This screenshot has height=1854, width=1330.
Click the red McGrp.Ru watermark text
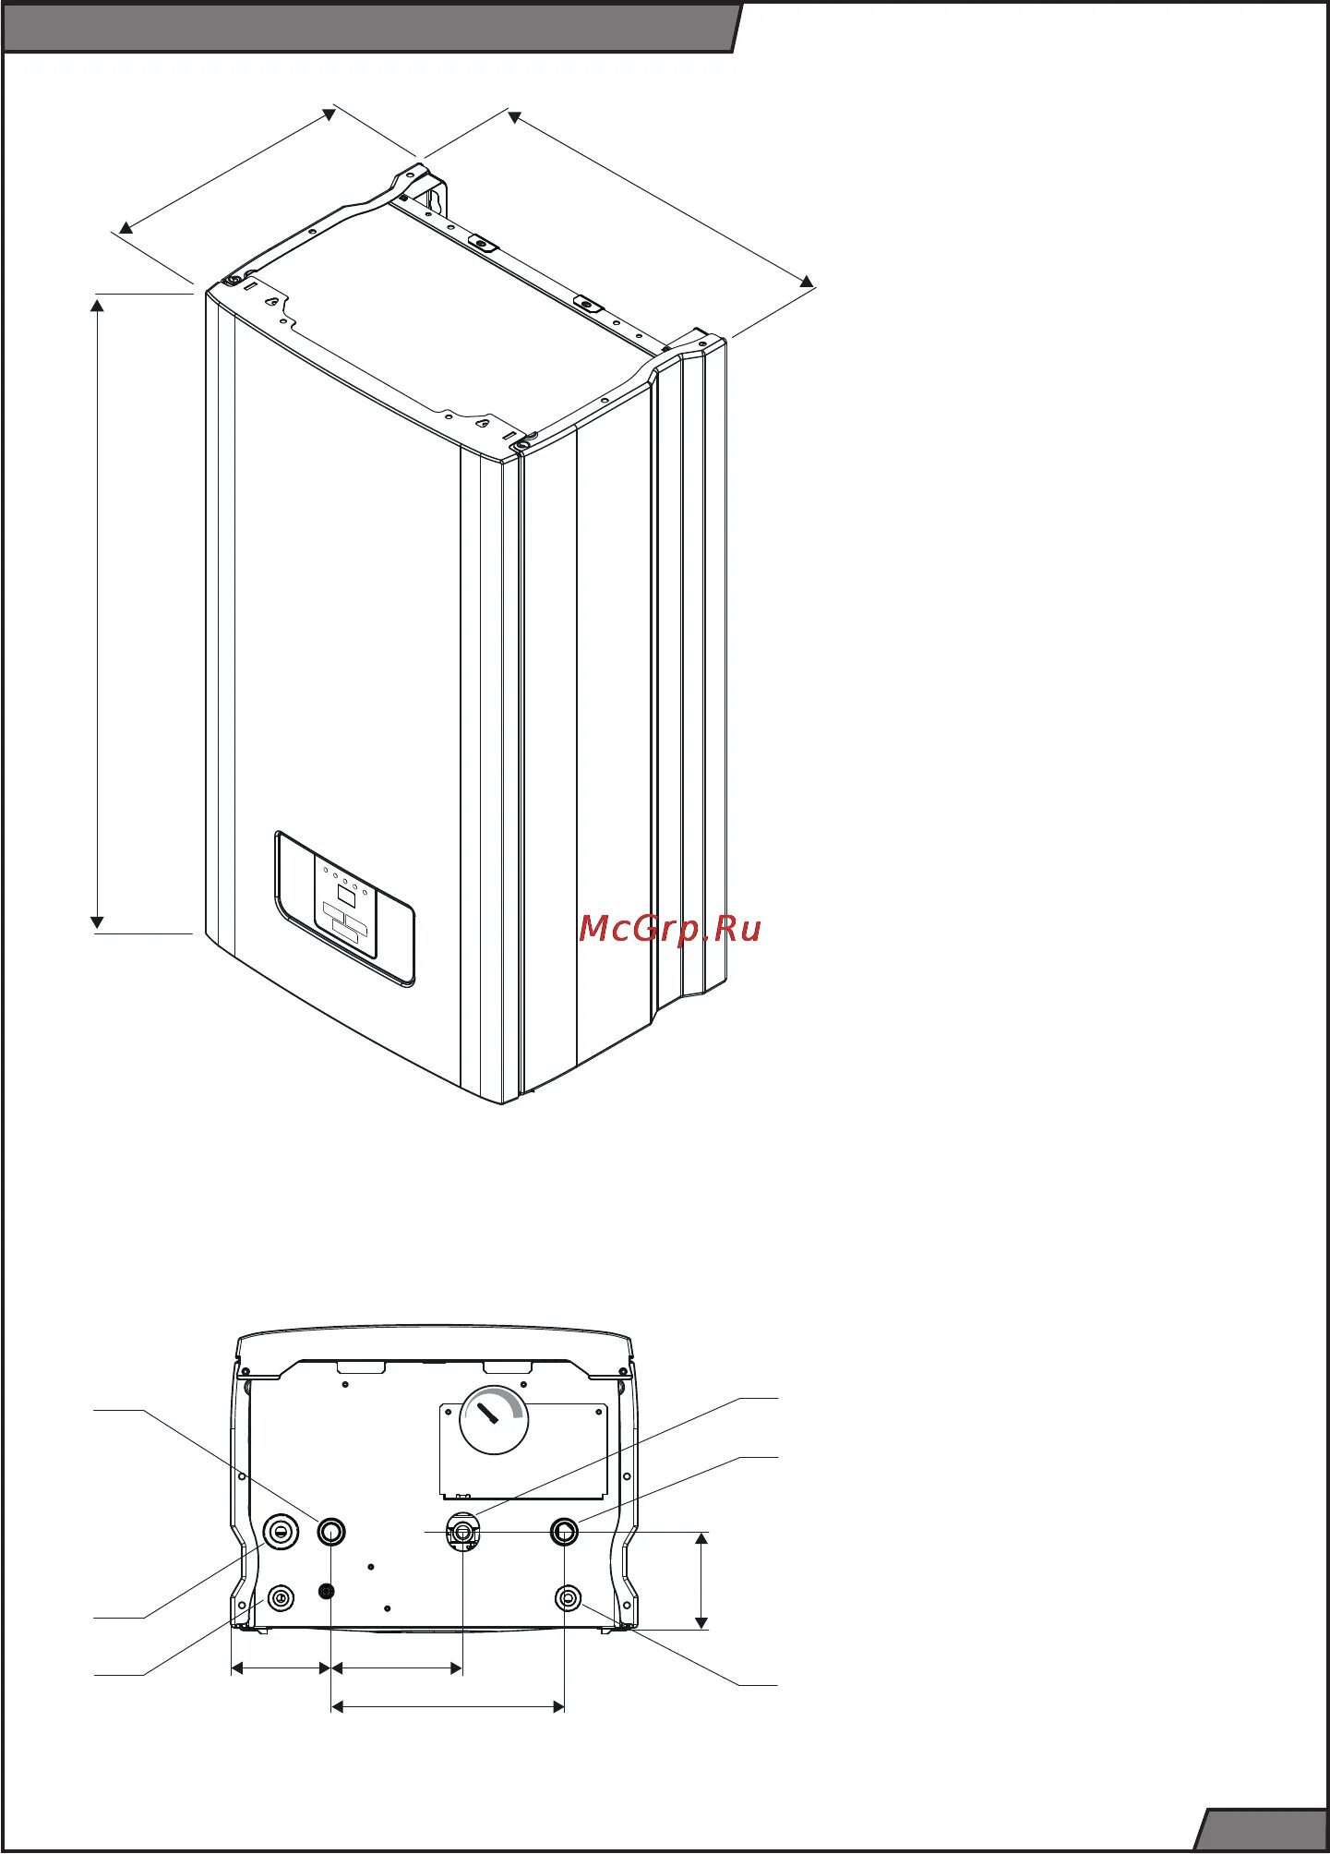pos(670,929)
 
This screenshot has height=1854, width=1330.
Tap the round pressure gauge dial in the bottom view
pos(494,1421)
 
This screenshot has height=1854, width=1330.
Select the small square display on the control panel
pos(347,893)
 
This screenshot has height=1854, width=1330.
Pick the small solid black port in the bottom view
pos(326,1591)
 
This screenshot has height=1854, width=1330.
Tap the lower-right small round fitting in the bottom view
pos(569,1596)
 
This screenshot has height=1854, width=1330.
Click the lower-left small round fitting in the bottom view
pos(281,1597)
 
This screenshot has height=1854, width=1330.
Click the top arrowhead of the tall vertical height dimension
pos(97,305)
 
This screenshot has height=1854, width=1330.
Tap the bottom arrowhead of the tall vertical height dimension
pos(97,922)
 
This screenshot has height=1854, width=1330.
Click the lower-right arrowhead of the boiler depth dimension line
pos(807,281)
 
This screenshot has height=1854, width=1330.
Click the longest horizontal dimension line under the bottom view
pos(448,1707)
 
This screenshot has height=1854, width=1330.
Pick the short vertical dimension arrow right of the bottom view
pos(701,1581)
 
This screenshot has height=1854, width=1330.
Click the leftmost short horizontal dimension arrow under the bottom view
pos(281,1667)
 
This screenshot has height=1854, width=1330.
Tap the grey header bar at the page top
pos(369,28)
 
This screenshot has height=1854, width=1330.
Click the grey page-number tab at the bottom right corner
pos(1264,1831)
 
